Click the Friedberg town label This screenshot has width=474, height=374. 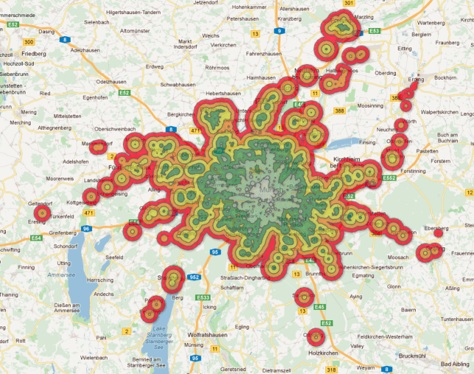33,54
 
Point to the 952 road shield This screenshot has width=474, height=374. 194,278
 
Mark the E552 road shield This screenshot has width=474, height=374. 390,178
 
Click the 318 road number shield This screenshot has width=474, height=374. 331,370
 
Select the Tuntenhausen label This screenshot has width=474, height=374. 455,319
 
